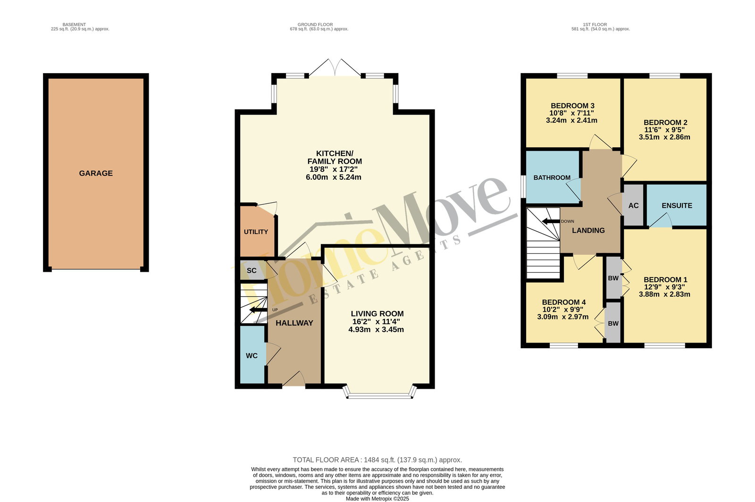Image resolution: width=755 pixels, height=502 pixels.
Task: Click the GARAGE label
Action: (96, 173)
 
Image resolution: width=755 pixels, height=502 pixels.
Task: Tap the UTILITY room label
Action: (256, 232)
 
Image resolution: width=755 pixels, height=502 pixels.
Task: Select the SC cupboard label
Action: (252, 270)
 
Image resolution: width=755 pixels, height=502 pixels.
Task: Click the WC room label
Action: (252, 356)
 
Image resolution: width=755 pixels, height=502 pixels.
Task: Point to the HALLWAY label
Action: (294, 323)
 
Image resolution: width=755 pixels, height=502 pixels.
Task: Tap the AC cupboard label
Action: (633, 206)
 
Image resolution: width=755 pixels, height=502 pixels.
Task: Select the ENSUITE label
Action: (677, 206)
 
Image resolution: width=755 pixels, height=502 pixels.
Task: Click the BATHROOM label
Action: (552, 177)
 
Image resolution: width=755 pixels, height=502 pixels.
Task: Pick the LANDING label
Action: (588, 230)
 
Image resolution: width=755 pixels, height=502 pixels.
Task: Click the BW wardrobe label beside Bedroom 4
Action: (613, 324)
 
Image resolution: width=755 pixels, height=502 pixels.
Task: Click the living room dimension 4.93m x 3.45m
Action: (376, 329)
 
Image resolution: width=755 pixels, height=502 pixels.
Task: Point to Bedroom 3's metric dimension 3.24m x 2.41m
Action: (571, 120)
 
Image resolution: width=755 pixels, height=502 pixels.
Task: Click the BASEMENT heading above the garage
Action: (74, 25)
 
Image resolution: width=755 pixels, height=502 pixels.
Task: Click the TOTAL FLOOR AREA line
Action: (377, 460)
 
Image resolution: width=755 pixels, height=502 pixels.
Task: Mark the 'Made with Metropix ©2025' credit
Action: (377, 499)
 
